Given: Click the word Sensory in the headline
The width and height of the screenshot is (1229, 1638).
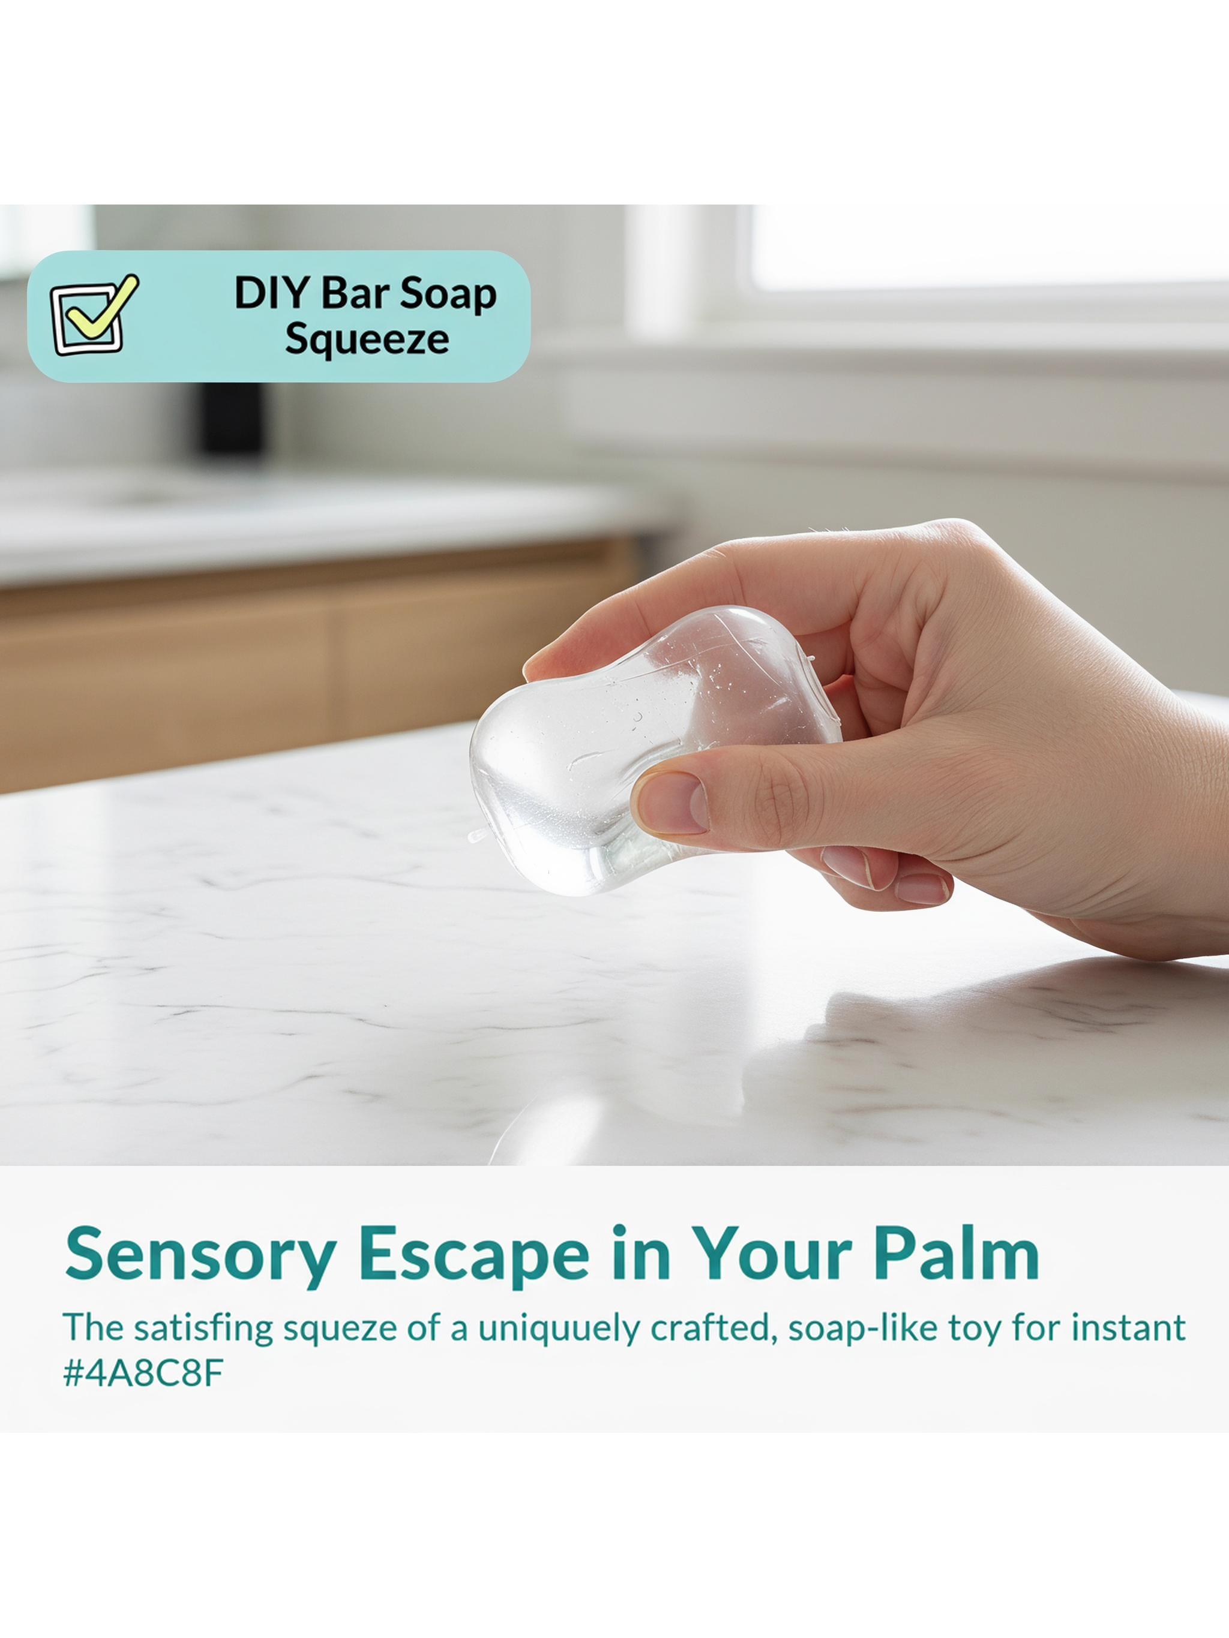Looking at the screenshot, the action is tap(199, 1254).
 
